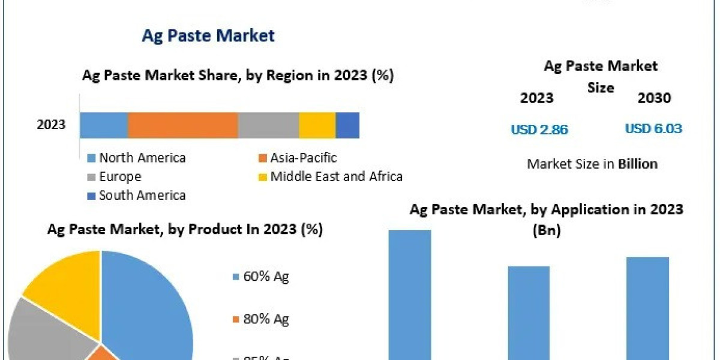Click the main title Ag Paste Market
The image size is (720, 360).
208,35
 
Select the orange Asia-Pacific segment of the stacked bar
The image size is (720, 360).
182,125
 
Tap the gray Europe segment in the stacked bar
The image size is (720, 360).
268,125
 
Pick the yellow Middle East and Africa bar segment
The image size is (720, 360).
317,125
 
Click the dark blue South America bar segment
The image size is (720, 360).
347,125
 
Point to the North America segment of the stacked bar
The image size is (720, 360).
104,125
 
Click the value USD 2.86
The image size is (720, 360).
539,129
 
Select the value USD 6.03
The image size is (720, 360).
653,128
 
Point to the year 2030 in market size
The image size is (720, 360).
654,98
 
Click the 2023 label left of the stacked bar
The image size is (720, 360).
52,125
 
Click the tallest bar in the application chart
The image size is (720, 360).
410,294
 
